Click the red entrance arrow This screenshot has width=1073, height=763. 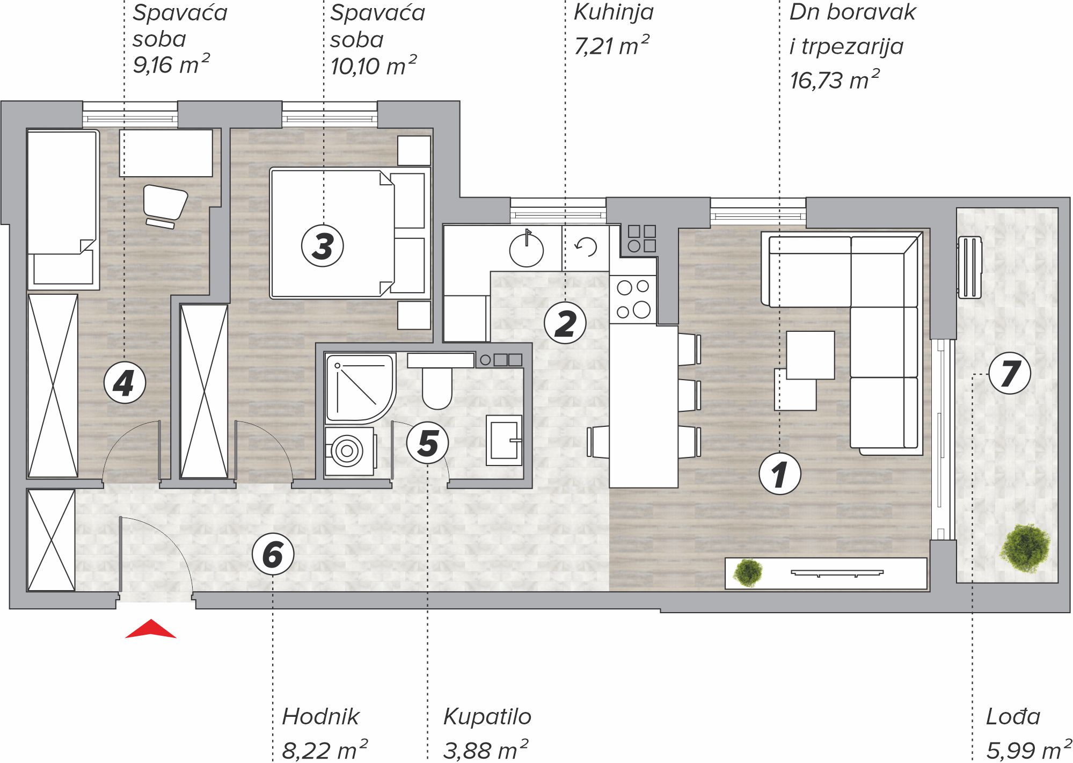pyautogui.click(x=151, y=629)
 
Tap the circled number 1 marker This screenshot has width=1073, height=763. pyautogui.click(x=779, y=474)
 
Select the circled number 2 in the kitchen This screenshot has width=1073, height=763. pyautogui.click(x=565, y=323)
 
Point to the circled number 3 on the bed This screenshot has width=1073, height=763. pyautogui.click(x=322, y=246)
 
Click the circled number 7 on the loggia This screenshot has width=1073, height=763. pyautogui.click(x=1009, y=374)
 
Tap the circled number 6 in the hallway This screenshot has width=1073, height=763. pyautogui.click(x=273, y=554)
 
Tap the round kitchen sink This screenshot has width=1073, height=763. pyautogui.click(x=527, y=250)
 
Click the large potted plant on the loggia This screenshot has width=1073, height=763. pyautogui.click(x=1025, y=548)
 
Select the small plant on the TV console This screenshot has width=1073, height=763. pyautogui.click(x=747, y=572)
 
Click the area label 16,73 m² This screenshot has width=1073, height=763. pyautogui.click(x=834, y=80)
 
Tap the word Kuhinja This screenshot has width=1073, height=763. pyautogui.click(x=614, y=13)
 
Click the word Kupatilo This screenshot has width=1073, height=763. pyautogui.click(x=487, y=717)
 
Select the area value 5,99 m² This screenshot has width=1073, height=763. pyautogui.click(x=1029, y=750)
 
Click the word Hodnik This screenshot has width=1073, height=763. pyautogui.click(x=320, y=717)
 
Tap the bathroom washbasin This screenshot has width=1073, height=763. pyautogui.click(x=504, y=440)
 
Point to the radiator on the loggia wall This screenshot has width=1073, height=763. pyautogui.click(x=969, y=267)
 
